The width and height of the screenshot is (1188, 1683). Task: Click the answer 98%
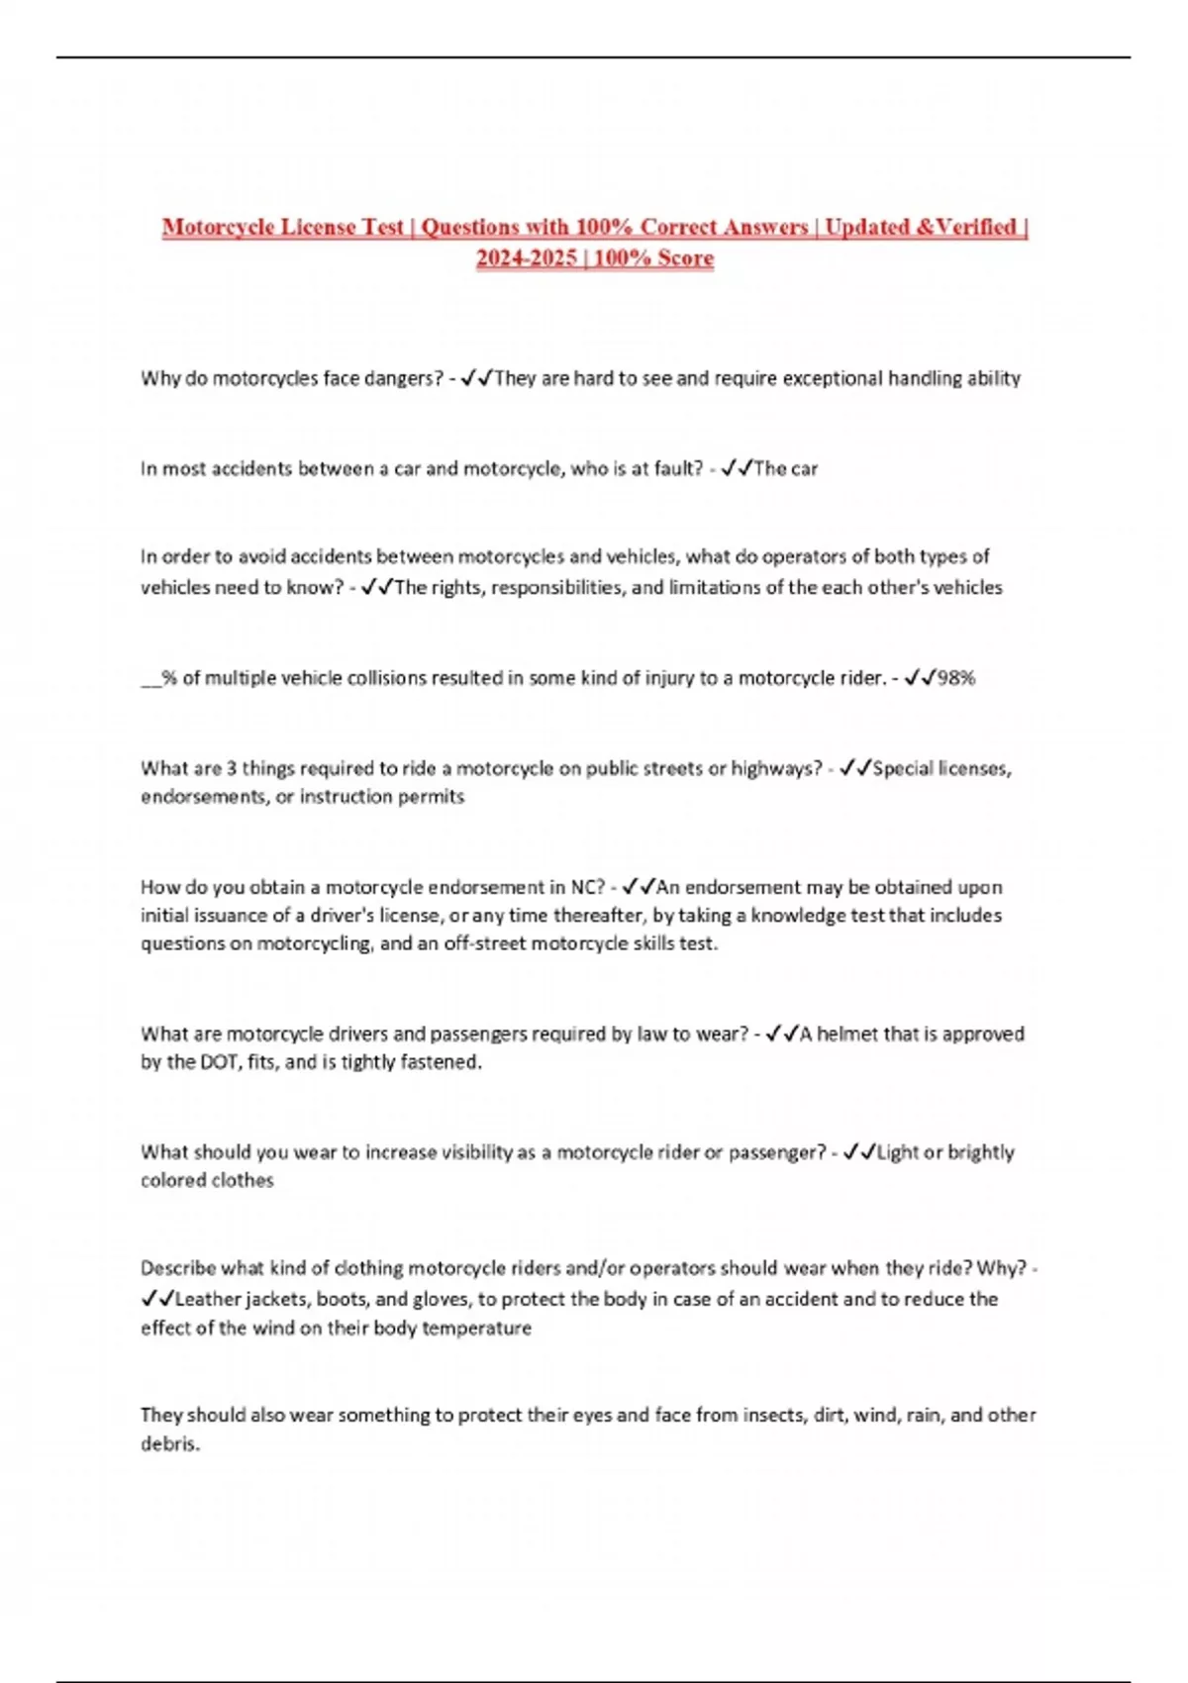click(x=956, y=678)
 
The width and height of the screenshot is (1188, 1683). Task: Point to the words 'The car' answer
click(x=785, y=468)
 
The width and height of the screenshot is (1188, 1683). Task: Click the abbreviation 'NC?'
click(x=587, y=887)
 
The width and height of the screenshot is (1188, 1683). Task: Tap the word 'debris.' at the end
click(x=170, y=1443)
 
